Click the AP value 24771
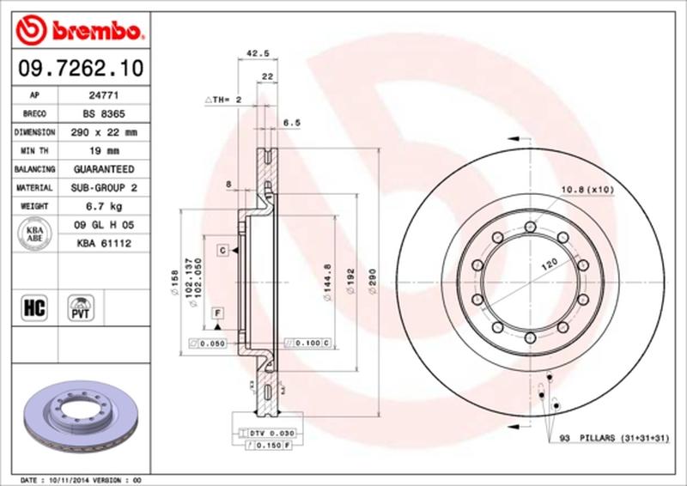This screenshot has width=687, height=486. pyautogui.click(x=100, y=95)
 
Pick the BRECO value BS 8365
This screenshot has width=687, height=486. pyautogui.click(x=100, y=114)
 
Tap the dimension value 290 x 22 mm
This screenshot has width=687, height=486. pyautogui.click(x=100, y=133)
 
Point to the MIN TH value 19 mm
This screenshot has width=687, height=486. pyautogui.click(x=100, y=151)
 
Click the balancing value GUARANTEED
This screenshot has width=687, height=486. pyautogui.click(x=100, y=170)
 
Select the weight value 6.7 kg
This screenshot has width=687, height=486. pyautogui.click(x=100, y=207)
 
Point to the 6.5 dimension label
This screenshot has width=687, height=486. pyautogui.click(x=291, y=123)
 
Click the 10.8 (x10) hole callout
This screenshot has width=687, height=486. pyautogui.click(x=587, y=189)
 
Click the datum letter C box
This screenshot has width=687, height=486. pyautogui.click(x=222, y=250)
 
